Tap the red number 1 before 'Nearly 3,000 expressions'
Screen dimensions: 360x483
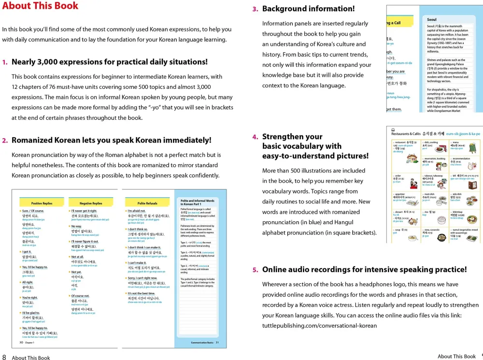pos(5,62)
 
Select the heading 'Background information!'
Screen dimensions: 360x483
pos(308,9)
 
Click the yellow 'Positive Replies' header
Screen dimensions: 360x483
pos(42,203)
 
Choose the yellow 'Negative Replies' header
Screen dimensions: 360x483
pos(91,203)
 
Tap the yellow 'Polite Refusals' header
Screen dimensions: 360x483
pos(147,203)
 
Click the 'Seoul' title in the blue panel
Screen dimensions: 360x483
pos(432,20)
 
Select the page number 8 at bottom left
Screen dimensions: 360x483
pos(4,358)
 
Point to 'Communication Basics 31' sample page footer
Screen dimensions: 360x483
pos(205,343)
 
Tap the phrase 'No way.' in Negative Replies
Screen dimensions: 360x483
pos(76,226)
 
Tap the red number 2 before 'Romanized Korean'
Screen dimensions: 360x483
pos(5,141)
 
